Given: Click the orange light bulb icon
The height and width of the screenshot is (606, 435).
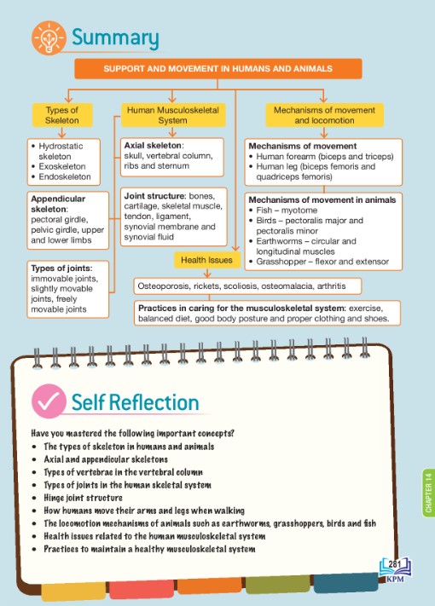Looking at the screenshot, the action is (x=49, y=38).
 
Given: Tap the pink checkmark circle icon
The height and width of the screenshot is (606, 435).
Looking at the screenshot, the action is (x=49, y=401).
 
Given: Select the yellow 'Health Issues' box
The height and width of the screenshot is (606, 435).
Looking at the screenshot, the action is (x=206, y=260).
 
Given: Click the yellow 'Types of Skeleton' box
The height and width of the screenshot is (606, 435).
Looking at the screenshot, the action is (x=62, y=115).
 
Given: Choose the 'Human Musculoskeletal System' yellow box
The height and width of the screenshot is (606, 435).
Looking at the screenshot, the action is (x=173, y=115).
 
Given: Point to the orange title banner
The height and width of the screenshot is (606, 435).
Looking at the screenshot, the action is (x=218, y=69).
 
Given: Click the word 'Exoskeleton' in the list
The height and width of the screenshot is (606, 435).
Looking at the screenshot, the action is (x=62, y=166).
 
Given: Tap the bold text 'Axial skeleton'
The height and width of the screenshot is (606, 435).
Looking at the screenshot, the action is (x=153, y=145).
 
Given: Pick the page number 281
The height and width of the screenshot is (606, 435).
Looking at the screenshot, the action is (x=394, y=564).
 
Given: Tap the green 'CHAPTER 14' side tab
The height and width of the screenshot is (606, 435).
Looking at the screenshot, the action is (x=428, y=493).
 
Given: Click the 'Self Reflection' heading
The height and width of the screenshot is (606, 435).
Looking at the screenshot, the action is (x=135, y=402).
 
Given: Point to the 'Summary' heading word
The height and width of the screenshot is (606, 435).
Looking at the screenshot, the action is (x=115, y=38).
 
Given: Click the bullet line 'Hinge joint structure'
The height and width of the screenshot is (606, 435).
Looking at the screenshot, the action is (x=83, y=498).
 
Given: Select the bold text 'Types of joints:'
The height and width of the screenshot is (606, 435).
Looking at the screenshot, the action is (x=62, y=268).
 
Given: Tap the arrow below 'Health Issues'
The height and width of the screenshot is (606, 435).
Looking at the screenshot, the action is (x=207, y=273).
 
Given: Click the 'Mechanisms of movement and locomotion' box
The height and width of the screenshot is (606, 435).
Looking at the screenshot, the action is (x=324, y=115).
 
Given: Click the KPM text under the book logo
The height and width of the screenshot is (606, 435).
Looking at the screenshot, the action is (x=395, y=579).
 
